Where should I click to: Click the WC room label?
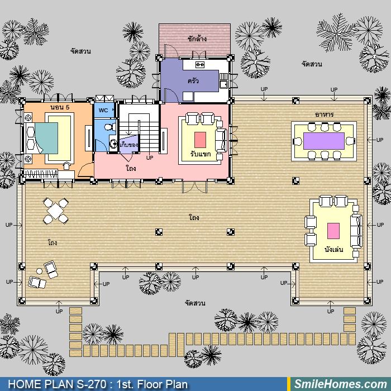click(103, 110)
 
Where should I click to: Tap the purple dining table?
click(323, 141)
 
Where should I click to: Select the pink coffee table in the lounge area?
click(333, 231)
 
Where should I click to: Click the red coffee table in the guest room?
click(200, 140)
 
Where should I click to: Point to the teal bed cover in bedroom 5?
click(46, 137)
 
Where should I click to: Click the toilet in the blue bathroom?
click(109, 127)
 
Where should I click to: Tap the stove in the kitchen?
click(200, 65)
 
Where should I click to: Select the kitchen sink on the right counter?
click(223, 84)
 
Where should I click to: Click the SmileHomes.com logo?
click(341, 384)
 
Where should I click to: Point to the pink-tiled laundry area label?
click(197, 39)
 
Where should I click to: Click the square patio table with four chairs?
click(56, 211)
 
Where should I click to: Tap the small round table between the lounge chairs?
click(39, 271)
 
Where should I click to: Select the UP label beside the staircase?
click(150, 158)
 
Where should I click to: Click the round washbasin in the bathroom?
click(113, 144)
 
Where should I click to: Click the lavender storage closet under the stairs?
click(128, 144)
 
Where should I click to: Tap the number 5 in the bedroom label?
click(68, 107)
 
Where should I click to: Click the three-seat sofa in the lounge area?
click(356, 231)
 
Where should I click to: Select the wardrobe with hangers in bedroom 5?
click(41, 174)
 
